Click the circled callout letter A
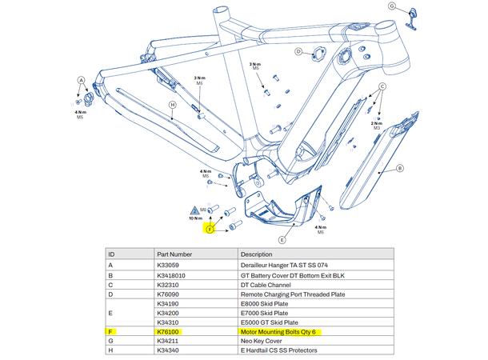81,81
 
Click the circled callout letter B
400,169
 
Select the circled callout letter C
382,86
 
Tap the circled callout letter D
298,52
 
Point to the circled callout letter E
282,239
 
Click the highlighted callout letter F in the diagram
210,230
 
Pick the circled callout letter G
393,6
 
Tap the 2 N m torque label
377,124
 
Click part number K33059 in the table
170,265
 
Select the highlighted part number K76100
169,331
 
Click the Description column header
256,254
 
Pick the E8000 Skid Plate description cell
265,303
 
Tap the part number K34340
170,351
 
